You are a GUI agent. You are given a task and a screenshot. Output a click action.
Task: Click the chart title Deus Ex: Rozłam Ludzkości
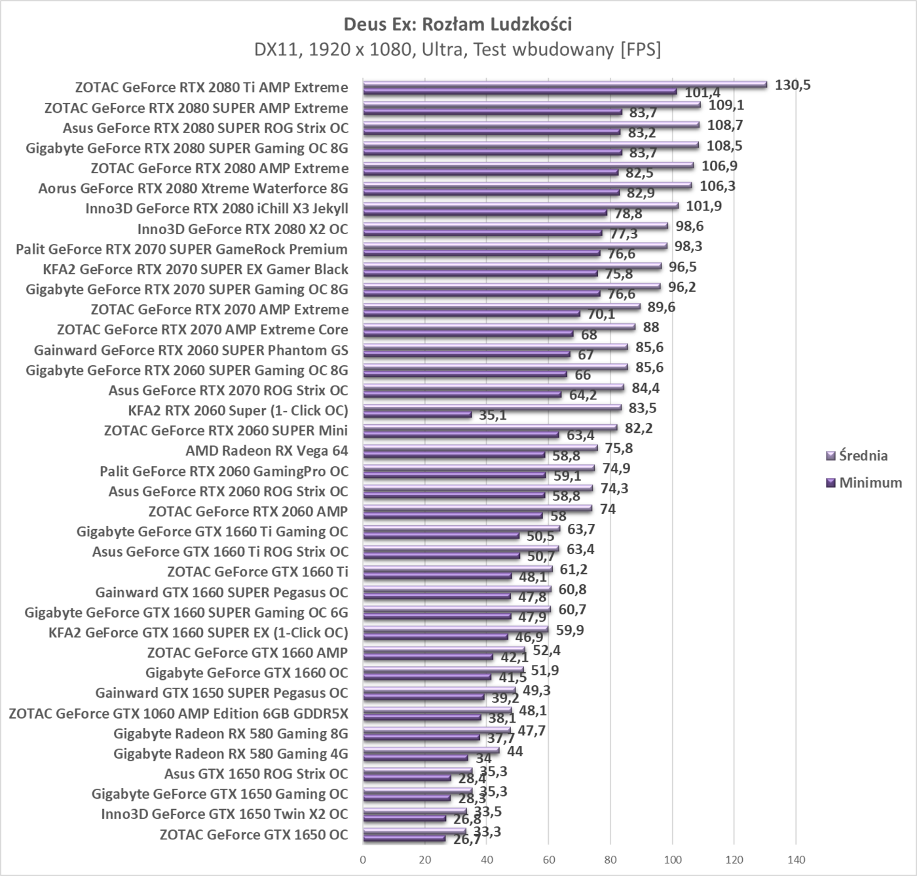[458, 25]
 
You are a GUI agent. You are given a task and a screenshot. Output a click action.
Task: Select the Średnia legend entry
[863, 455]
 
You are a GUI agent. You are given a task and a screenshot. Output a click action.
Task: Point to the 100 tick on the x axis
[672, 860]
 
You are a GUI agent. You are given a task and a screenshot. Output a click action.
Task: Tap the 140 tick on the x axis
[796, 860]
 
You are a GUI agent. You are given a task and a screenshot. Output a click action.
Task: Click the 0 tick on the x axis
[363, 860]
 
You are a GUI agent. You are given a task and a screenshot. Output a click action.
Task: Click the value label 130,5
[793, 85]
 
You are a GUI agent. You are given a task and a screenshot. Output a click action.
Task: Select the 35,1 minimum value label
[493, 415]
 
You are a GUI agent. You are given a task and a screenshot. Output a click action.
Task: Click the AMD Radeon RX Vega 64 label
[267, 450]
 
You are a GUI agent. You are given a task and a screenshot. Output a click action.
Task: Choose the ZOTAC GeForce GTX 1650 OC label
[253, 835]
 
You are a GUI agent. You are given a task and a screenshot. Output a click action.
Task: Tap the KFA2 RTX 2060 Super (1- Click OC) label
[238, 410]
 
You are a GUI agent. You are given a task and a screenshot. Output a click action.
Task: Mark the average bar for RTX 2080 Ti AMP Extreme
[563, 84]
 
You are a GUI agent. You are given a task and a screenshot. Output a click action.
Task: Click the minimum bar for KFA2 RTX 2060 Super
[417, 414]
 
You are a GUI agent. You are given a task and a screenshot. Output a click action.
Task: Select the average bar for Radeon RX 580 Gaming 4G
[430, 750]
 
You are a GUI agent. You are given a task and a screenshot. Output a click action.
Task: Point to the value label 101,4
[702, 92]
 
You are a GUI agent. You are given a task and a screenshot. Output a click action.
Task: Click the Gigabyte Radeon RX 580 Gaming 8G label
[231, 734]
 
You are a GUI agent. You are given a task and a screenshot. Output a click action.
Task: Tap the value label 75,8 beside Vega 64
[619, 448]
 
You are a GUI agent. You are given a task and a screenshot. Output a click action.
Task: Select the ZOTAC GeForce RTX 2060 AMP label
[248, 511]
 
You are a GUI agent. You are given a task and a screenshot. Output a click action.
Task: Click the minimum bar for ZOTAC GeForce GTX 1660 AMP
[428, 656]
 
